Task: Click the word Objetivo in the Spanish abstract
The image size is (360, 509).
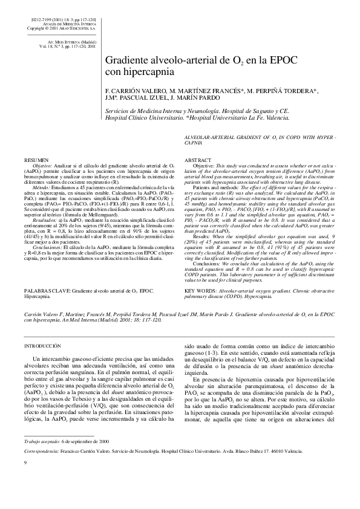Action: (42, 165)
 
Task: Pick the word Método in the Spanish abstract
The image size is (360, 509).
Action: (41, 188)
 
